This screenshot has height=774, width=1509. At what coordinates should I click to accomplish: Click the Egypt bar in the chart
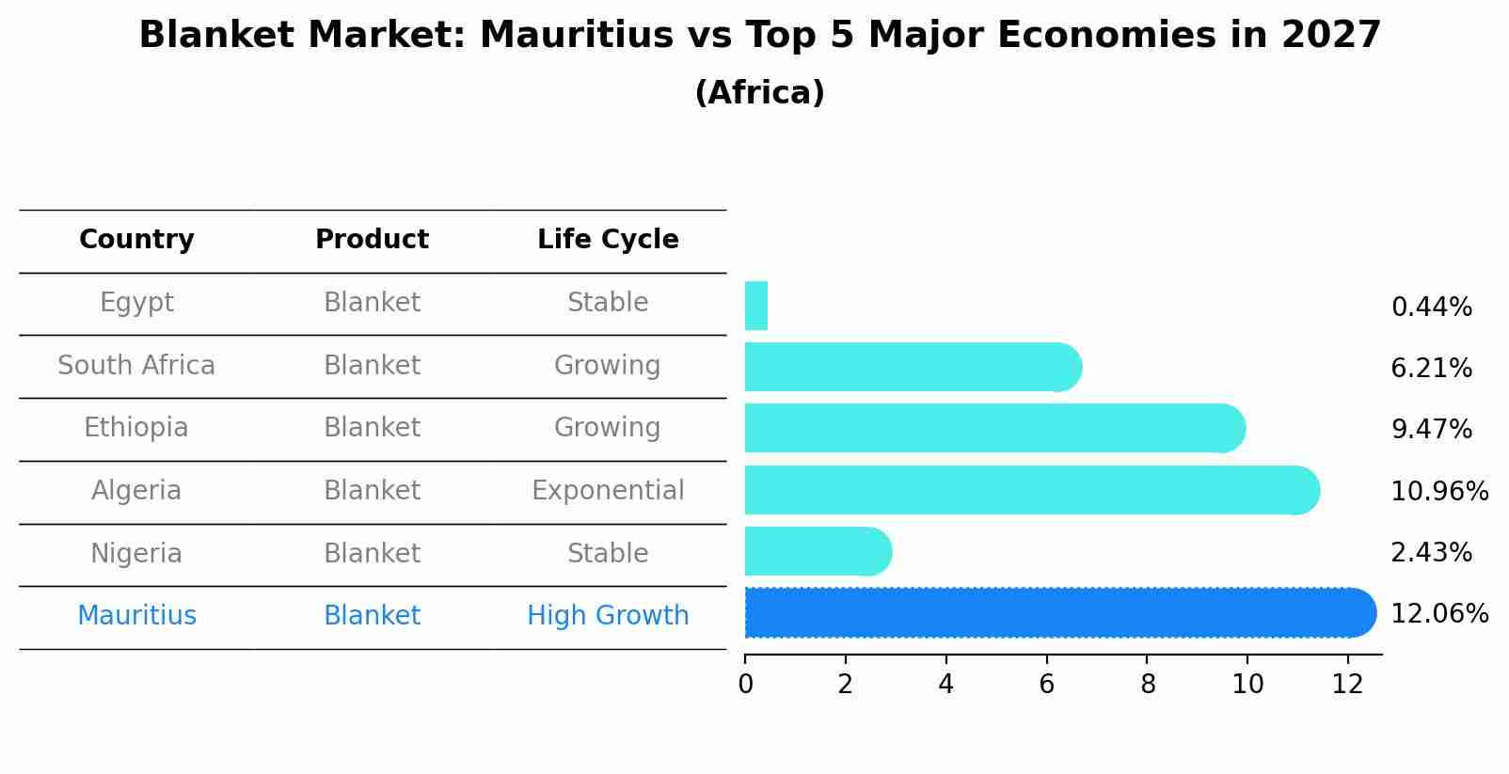point(756,306)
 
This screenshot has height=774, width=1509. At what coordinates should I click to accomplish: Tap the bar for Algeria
point(1030,490)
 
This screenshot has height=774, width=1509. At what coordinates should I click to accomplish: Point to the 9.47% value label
point(1431,430)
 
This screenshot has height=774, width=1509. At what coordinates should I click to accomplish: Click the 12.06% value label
point(1439,614)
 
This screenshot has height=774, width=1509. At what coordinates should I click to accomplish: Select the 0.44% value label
point(1431,308)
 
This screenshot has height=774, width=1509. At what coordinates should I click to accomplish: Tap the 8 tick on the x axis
point(1148,685)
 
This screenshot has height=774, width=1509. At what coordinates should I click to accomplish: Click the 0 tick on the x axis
point(745,685)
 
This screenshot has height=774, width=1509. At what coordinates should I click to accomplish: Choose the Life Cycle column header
point(608,240)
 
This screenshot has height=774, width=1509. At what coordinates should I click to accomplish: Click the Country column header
point(136,240)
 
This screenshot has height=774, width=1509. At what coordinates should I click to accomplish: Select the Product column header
point(372,240)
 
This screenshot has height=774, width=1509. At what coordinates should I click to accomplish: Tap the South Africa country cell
point(136,365)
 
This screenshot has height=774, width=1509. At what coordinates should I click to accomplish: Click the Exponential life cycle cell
point(608,491)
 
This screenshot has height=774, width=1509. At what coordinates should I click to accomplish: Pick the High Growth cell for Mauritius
point(608,616)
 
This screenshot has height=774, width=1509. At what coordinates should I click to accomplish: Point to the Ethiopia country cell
point(136,428)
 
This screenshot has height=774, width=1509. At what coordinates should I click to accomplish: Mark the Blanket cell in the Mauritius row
point(372,616)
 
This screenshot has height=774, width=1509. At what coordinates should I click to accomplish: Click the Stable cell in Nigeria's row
point(608,553)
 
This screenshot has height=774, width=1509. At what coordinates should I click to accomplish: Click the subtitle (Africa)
point(759,93)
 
